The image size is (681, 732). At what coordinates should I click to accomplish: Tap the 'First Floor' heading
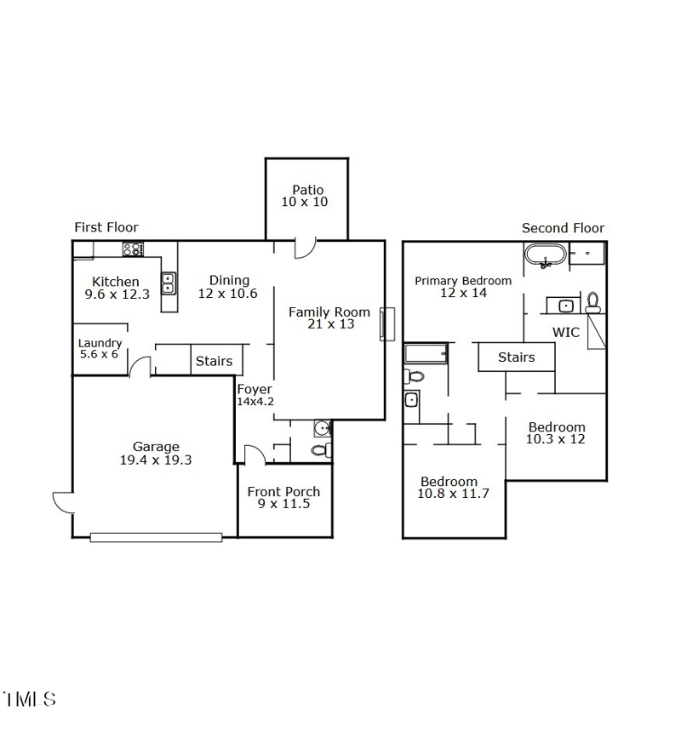pyautogui.click(x=106, y=227)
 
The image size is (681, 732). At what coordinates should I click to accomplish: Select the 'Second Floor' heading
pyautogui.click(x=563, y=228)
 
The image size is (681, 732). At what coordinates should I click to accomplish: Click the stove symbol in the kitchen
pyautogui.click(x=133, y=249)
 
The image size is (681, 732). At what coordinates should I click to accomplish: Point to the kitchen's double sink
pyautogui.click(x=169, y=283)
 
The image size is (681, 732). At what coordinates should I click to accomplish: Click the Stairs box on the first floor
pyautogui.click(x=215, y=361)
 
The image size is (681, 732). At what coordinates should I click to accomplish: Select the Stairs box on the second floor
pyautogui.click(x=516, y=357)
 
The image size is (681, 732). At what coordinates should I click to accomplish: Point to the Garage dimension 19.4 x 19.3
pyautogui.click(x=156, y=460)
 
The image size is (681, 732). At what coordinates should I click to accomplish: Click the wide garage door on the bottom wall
pyautogui.click(x=156, y=537)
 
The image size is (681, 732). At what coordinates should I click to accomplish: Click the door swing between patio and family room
pyautogui.click(x=305, y=248)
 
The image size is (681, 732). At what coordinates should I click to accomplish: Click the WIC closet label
pyautogui.click(x=566, y=332)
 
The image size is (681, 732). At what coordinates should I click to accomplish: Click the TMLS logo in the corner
pyautogui.click(x=30, y=700)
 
